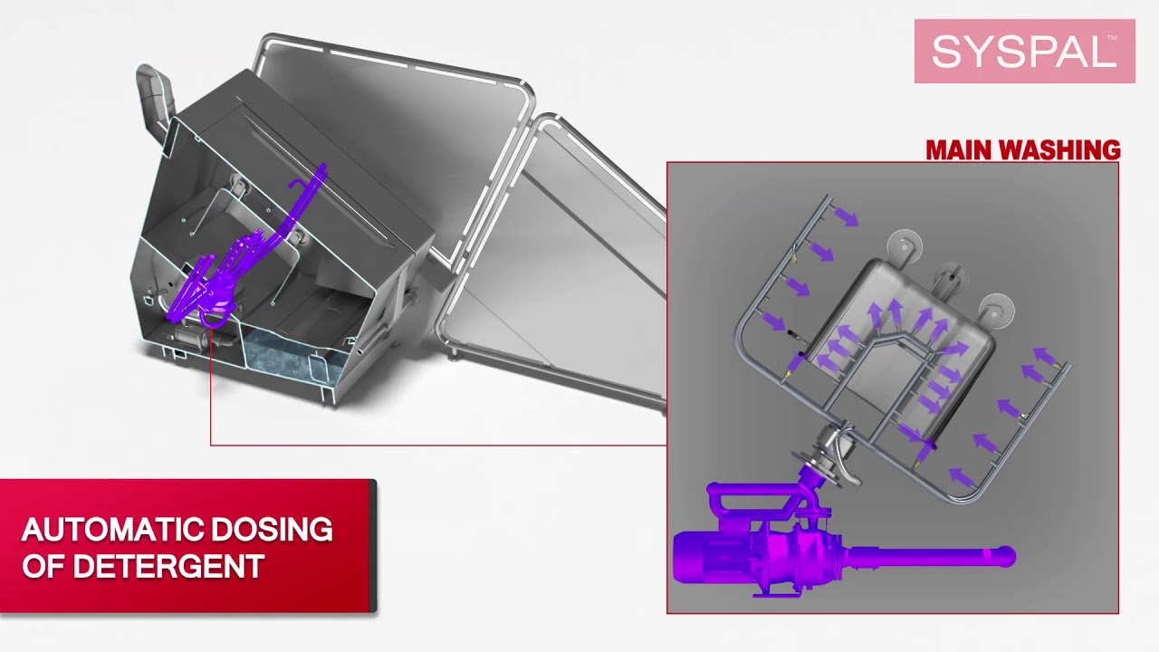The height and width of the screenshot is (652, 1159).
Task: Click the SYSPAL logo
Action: click(1024, 52)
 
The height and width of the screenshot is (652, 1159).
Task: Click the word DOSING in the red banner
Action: click(273, 529)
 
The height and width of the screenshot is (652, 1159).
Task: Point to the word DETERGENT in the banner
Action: click(168, 566)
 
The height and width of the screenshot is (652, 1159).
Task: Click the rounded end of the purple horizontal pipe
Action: click(1006, 557)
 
